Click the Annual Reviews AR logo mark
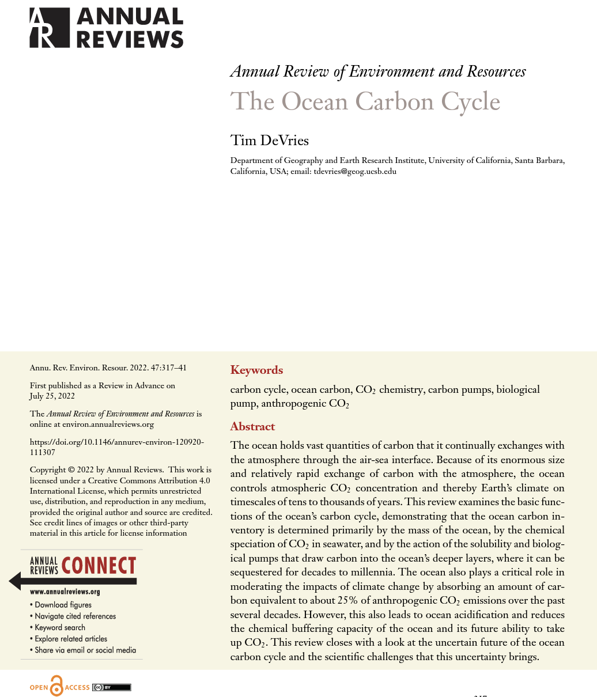(x=50, y=28)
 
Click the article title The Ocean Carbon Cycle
(x=365, y=102)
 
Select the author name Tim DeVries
(x=269, y=140)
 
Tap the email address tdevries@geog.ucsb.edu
(x=354, y=171)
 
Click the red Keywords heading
(x=256, y=370)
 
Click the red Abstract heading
(x=252, y=426)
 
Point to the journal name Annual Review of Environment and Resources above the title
(x=377, y=71)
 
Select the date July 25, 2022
(x=52, y=396)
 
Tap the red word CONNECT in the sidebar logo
(x=99, y=566)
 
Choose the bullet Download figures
(x=63, y=605)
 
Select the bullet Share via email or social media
(x=85, y=650)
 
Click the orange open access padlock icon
(x=56, y=686)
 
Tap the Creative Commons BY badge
(x=111, y=687)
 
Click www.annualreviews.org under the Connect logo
(x=65, y=592)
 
